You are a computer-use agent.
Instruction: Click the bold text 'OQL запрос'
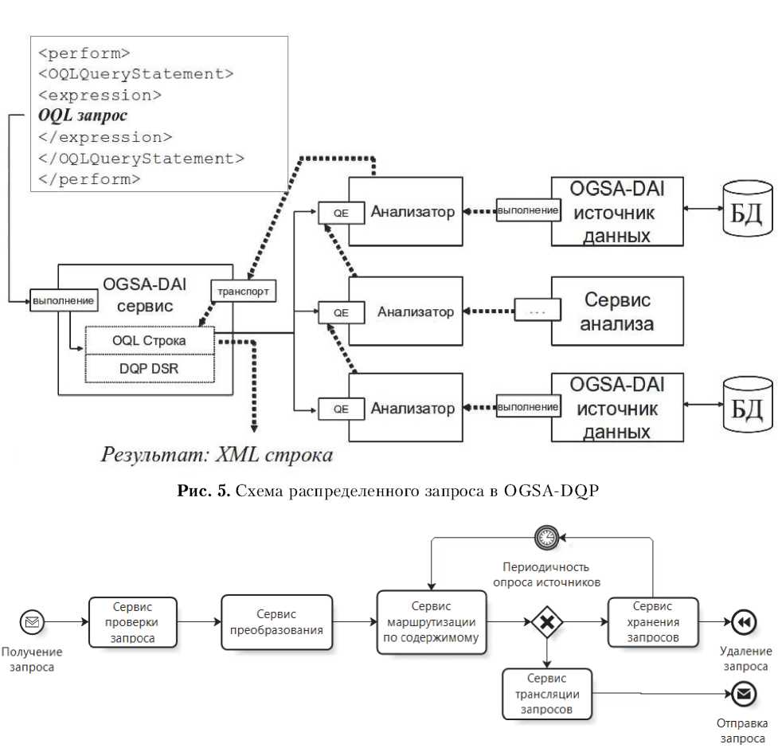[x=83, y=116]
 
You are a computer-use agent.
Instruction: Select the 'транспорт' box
[x=244, y=292]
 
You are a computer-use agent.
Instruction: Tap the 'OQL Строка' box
[x=149, y=340]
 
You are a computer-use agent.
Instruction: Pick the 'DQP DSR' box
[x=149, y=369]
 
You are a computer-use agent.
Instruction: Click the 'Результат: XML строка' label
[x=216, y=456]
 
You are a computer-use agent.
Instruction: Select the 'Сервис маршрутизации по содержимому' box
[x=431, y=622]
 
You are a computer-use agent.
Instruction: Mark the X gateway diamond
[x=546, y=622]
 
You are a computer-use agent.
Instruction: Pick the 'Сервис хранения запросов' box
[x=652, y=622]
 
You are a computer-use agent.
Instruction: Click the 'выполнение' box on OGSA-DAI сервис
[x=64, y=301]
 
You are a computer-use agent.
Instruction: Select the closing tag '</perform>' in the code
[x=88, y=179]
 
